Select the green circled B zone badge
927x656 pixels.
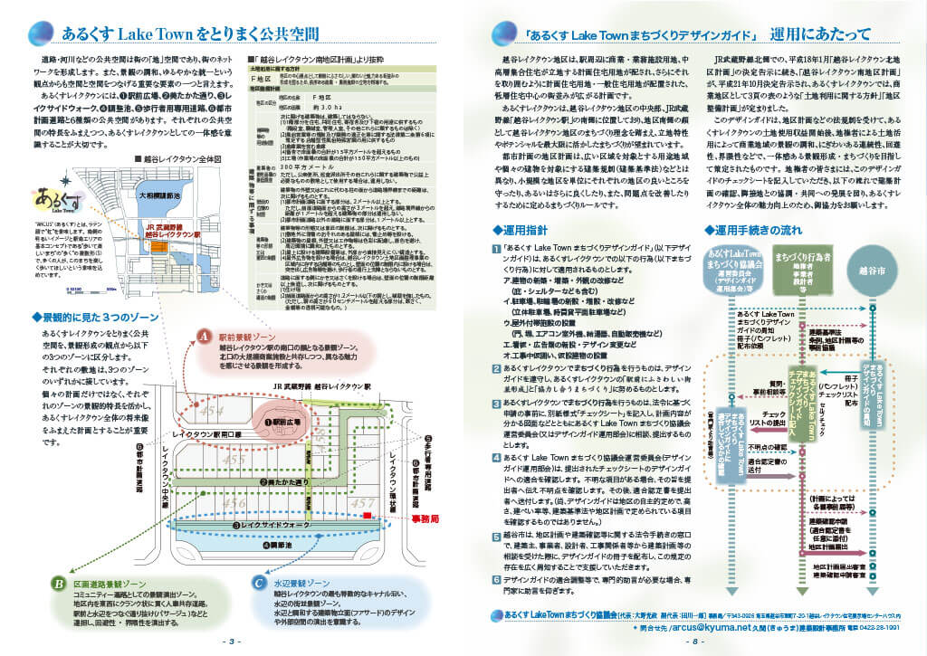(57, 583)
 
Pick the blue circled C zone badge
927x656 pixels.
(259, 583)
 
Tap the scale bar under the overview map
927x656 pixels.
(54, 290)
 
